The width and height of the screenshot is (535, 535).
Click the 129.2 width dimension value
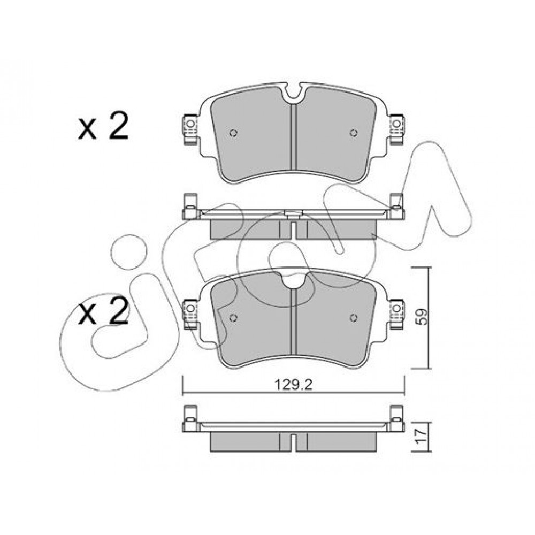pyautogui.click(x=294, y=385)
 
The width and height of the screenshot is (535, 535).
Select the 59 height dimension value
pyautogui.click(x=423, y=317)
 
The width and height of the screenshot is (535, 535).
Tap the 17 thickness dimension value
pyautogui.click(x=423, y=437)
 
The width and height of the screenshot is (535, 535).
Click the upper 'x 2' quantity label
pyautogui.click(x=103, y=127)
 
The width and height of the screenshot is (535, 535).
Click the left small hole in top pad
pyautogui.click(x=233, y=133)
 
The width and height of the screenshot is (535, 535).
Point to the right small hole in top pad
pyautogui.click(x=354, y=133)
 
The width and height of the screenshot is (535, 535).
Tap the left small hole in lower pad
pyautogui.click(x=233, y=318)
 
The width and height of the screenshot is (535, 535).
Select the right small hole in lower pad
pyautogui.click(x=354, y=318)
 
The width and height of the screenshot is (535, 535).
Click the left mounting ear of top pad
pyautogui.click(x=190, y=129)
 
